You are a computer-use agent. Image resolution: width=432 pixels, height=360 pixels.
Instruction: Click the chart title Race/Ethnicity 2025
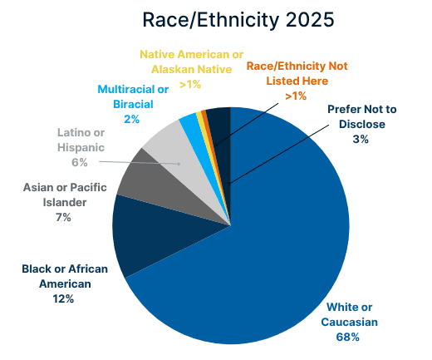[x=238, y=20]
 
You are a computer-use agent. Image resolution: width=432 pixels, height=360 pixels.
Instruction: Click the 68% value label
[x=348, y=338]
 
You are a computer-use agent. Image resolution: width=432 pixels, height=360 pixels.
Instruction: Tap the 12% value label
[x=63, y=299]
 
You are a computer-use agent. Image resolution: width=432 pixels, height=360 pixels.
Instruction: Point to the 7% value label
[x=63, y=218]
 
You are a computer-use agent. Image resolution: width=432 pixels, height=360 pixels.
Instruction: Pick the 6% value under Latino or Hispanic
[x=80, y=162]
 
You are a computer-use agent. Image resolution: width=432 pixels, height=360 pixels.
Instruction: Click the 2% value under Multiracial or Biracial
[x=131, y=120]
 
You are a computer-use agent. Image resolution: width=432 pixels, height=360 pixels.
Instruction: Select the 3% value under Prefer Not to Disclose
[x=361, y=139]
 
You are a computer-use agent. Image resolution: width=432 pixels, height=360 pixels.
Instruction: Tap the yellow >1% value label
[x=190, y=84]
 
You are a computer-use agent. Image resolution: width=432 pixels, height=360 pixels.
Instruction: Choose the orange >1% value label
[x=296, y=96]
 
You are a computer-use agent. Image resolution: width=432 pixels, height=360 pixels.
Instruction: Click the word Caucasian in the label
[x=350, y=323]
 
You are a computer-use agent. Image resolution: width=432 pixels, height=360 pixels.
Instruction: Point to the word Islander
[x=65, y=203]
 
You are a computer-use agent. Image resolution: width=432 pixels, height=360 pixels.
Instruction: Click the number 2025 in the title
[x=310, y=20]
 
